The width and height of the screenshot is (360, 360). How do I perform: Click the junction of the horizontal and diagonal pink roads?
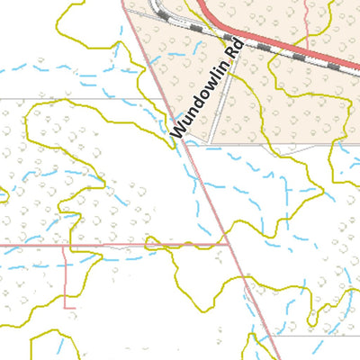pyautogui.click(x=230, y=244)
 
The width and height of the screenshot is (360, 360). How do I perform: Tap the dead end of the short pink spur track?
pyautogui.click(x=64, y=306)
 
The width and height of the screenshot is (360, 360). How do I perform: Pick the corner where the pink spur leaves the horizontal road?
pyautogui.click(x=64, y=245)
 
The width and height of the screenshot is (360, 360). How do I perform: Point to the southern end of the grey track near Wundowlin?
pyautogui.click(x=212, y=140)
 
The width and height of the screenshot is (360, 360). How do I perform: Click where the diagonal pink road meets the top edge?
pyautogui.click(x=122, y=0)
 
